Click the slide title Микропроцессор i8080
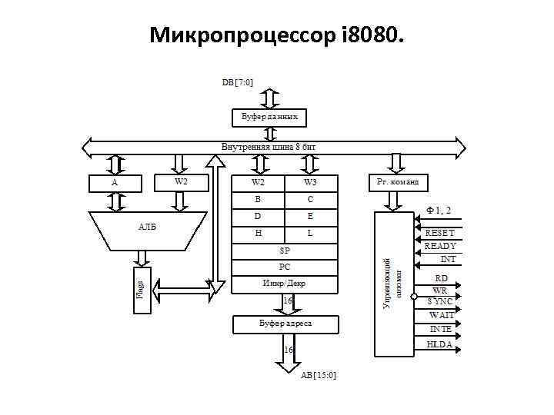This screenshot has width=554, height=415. (x=276, y=35)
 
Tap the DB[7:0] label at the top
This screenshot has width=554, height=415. (x=238, y=81)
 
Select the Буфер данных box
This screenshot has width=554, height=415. (x=269, y=117)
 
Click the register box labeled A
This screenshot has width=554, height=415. (x=115, y=183)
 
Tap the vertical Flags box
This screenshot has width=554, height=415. (x=142, y=290)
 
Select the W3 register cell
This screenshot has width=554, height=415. (x=310, y=182)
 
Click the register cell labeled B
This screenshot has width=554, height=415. (x=258, y=199)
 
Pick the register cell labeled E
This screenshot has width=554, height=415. (x=310, y=216)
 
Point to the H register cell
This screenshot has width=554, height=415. (x=258, y=232)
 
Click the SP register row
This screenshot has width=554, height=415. (x=284, y=250)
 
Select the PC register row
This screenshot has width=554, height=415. (x=284, y=267)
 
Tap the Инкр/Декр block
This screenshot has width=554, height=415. (x=284, y=283)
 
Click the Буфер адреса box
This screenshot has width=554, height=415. (x=284, y=324)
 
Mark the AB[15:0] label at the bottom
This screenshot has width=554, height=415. (x=318, y=374)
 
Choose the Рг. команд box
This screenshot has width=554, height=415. (x=397, y=182)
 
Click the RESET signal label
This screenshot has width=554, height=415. (x=439, y=233)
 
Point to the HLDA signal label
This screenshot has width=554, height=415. (x=439, y=344)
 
